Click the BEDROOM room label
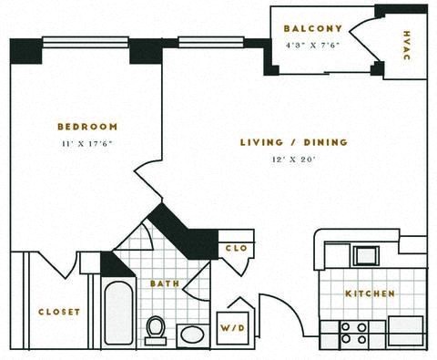click(86, 126)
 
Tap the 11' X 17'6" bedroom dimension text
click(86, 144)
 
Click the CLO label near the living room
click(233, 247)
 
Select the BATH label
click(166, 284)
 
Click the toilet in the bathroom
click(156, 329)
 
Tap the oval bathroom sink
click(193, 334)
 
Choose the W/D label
click(232, 325)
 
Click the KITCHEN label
click(370, 293)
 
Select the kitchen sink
click(369, 255)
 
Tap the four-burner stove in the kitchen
click(353, 333)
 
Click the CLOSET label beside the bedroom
click(58, 312)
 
